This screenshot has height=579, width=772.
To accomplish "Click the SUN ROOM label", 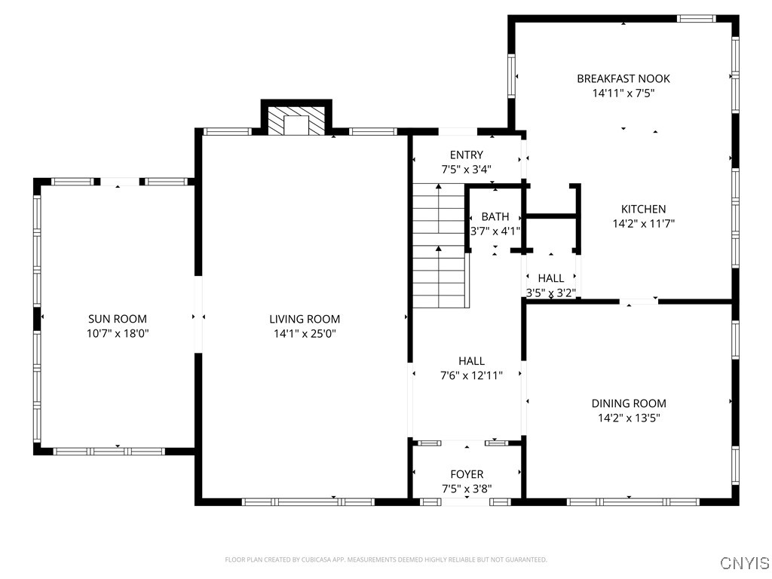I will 117,319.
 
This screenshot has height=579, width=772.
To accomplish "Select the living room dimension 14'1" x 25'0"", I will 305,333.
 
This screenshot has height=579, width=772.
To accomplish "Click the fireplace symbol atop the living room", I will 296,121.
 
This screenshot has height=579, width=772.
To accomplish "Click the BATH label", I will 495,217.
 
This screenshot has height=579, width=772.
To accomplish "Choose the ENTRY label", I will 466,155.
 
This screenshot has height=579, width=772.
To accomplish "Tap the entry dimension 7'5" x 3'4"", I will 466,170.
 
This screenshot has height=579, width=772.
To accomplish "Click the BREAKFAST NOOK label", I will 623,78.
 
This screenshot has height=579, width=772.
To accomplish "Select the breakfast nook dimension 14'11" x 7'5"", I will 623,93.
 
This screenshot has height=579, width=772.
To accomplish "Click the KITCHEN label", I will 643,209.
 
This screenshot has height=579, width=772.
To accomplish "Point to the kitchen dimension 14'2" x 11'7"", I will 643,223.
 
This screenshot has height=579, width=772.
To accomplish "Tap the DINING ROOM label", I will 628,403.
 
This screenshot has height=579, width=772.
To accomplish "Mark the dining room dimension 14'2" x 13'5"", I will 628,418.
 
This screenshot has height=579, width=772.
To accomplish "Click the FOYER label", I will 467,474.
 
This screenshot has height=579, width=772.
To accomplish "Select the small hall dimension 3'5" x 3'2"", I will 550,293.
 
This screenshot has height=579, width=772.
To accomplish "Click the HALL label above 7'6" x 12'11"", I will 471,361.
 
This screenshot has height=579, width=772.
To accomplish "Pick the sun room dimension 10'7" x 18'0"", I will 117,333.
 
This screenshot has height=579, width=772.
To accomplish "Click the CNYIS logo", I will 744,563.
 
